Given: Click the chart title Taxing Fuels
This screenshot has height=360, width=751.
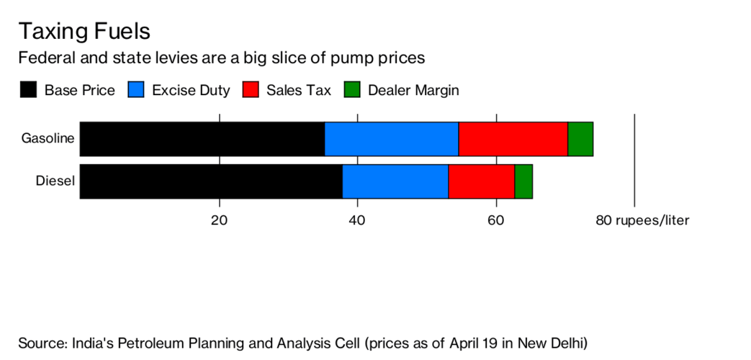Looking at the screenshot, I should pos(84,31).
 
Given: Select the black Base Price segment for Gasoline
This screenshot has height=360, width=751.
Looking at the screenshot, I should pos(202,139).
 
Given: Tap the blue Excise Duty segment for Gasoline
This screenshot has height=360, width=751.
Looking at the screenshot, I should pos(391,139).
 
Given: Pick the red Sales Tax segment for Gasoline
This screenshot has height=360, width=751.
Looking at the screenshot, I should pos(513,139).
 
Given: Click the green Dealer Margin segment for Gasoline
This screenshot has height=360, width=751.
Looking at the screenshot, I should pos(580,139).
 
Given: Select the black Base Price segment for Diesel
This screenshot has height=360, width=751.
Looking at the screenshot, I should pos(211,181).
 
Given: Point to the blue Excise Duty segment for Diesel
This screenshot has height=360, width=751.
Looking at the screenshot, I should pos(395,181).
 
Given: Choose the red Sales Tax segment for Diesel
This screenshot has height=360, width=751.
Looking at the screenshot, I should pos(481,181).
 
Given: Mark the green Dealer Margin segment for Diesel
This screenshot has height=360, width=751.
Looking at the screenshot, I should pos(523,181).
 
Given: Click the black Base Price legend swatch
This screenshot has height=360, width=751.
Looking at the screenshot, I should pos(28,90).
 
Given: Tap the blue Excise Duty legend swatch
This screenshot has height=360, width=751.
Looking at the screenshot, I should pos(136,90).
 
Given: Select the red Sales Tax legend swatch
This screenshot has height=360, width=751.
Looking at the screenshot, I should pos(251,90).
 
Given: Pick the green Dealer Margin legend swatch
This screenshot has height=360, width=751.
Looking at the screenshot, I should pos(352,90).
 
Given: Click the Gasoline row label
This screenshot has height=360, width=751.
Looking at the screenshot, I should pos(48,138).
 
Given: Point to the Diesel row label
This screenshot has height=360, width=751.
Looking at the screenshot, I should pos(55,181).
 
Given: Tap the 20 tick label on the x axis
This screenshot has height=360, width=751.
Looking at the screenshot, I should pos(219,220).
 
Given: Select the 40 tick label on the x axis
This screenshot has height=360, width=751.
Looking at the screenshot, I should pos(357,220).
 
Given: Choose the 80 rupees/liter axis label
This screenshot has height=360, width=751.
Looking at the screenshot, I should pos(642,220).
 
